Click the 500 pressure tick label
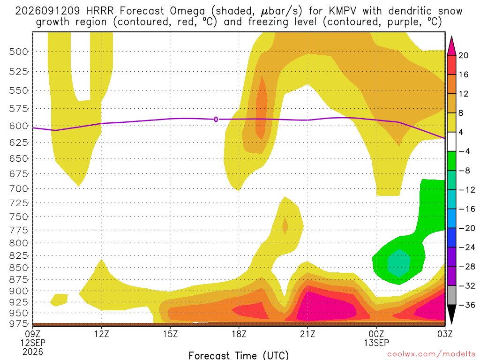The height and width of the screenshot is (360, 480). (18, 52)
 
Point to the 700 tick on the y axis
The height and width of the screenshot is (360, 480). (18, 189)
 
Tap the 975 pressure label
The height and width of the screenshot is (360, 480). (18, 323)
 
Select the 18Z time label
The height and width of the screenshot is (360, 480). (239, 334)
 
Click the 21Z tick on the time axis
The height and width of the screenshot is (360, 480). (307, 334)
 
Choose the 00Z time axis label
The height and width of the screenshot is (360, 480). (376, 334)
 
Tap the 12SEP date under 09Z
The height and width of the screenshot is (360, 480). (33, 343)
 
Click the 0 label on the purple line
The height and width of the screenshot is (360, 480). (216, 120)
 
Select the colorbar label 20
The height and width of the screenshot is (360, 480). (464, 55)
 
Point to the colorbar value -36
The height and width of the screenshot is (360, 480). (466, 305)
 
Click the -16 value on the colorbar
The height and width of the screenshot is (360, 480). (466, 209)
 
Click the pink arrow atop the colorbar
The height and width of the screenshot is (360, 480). (451, 46)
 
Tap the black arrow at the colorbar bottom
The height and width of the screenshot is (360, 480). (451, 314)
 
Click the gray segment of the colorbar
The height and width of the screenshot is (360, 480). (451, 295)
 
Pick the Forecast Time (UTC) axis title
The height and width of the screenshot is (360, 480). (239, 355)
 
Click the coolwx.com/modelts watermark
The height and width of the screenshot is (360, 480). (431, 354)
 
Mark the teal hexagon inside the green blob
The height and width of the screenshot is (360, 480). (399, 263)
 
